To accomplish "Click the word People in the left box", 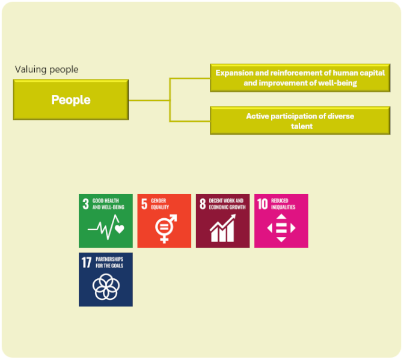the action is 71,100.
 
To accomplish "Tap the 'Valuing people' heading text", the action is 47,70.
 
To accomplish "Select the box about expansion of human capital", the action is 300,78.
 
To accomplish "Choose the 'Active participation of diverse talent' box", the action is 300,121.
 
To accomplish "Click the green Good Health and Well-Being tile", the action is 106,221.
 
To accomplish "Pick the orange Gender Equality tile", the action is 164,221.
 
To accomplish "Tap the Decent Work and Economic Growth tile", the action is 223,221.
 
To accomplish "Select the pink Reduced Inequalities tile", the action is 281,221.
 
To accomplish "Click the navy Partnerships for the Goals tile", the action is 106,279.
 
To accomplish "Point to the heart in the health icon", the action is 120,228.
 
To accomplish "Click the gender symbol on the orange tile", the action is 166,228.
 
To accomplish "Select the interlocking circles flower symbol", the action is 106,287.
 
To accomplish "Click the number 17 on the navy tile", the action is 87,263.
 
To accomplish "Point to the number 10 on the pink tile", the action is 263,204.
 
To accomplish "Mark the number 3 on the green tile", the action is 85,204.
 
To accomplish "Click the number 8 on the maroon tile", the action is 203,204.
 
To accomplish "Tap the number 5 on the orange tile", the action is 144,204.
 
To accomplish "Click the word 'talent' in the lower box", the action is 302,126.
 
